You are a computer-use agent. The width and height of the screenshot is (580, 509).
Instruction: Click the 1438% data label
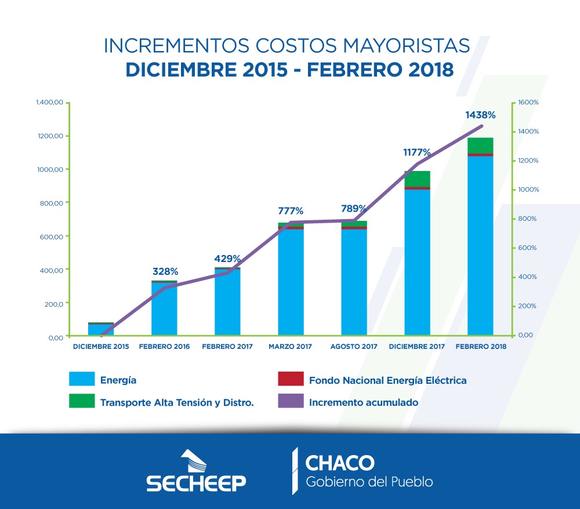tap(480, 115)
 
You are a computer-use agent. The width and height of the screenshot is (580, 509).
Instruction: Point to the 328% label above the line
tap(165, 271)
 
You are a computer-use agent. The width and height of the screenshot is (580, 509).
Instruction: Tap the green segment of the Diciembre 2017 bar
tap(417, 179)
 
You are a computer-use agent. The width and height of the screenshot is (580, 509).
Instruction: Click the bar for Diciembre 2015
tap(101, 329)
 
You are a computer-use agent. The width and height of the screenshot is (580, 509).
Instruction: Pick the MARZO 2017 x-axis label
tap(291, 347)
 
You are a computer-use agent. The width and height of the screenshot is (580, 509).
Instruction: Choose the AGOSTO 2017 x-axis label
tap(354, 347)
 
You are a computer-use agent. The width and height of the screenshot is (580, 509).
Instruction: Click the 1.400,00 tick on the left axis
tap(49, 103)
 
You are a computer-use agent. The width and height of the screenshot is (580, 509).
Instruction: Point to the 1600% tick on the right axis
tap(528, 103)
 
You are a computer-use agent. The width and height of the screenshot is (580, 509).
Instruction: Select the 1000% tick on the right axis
tap(528, 190)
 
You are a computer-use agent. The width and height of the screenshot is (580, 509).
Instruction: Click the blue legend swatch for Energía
tap(81, 380)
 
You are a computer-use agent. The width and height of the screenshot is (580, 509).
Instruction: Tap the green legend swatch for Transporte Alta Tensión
tap(81, 401)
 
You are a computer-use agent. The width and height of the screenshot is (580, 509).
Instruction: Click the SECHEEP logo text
tap(196, 482)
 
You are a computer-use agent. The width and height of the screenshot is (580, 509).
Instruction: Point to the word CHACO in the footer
tap(340, 463)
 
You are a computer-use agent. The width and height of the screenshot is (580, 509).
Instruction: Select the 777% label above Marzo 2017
tap(291, 210)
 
